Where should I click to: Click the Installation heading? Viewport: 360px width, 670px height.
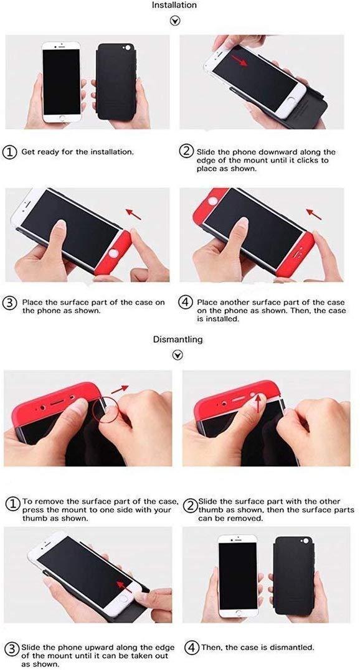click(174, 5)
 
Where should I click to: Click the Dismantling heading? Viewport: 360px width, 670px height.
click(178, 340)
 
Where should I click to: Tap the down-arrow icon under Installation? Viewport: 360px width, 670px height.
click(175, 21)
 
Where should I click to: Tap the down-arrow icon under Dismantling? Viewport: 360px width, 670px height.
click(178, 355)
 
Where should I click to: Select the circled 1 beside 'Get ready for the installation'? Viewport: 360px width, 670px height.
click(11, 152)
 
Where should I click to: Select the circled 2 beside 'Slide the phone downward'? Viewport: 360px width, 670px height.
click(186, 152)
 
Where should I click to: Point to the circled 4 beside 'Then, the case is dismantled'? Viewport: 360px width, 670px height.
click(191, 647)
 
